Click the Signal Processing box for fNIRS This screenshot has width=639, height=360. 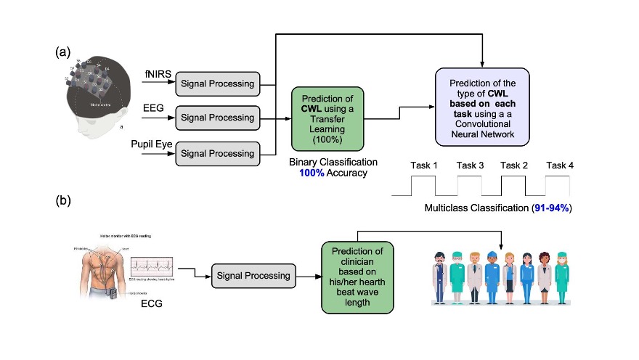(x=217, y=83)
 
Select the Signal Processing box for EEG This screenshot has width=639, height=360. (x=217, y=118)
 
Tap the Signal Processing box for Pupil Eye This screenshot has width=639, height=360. (x=217, y=153)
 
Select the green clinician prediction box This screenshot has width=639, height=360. (x=357, y=277)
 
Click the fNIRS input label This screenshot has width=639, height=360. (x=155, y=75)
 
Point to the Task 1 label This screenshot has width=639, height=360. (x=425, y=166)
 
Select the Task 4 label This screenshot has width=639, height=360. (x=560, y=166)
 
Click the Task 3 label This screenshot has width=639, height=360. (x=470, y=166)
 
